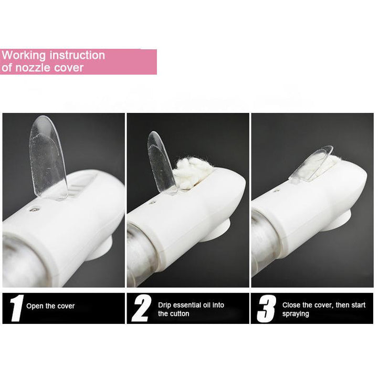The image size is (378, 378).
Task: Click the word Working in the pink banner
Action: pyautogui.click(x=24, y=56)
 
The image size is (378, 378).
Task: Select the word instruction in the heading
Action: pyautogui.click(x=77, y=55)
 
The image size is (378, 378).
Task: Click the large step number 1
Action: pyautogui.click(x=17, y=308)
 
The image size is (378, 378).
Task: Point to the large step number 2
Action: pyautogui.click(x=141, y=308)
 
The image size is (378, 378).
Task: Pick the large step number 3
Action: pyautogui.click(x=266, y=309)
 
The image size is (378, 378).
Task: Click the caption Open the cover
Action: pyautogui.click(x=50, y=306)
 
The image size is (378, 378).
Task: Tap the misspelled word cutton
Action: pyautogui.click(x=177, y=314)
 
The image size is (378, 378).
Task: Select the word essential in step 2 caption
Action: pyautogui.click(x=187, y=305)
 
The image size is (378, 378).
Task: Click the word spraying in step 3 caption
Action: pyautogui.click(x=296, y=314)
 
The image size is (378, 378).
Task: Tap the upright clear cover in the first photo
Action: pyautogui.click(x=47, y=157)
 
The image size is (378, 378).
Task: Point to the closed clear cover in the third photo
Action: pyautogui.click(x=311, y=163)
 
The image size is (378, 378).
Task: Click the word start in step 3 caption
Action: pyautogui.click(x=358, y=305)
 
